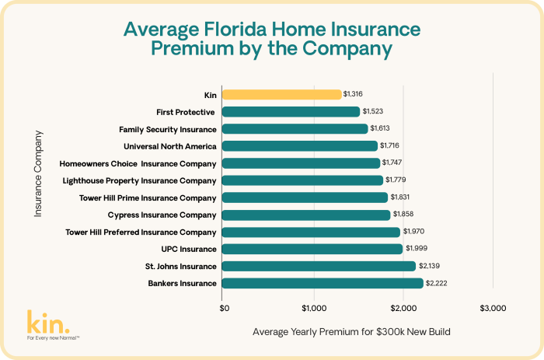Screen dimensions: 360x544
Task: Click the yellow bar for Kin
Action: click(x=281, y=94)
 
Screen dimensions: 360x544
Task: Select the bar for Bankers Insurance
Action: click(x=323, y=283)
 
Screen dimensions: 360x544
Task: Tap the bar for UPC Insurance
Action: click(x=312, y=249)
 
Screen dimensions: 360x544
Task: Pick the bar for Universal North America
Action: click(x=299, y=145)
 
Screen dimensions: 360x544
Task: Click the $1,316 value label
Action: click(x=354, y=94)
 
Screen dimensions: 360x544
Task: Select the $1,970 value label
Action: click(x=414, y=232)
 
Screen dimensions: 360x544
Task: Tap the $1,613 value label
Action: click(x=382, y=128)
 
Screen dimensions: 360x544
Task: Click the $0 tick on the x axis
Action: click(x=225, y=308)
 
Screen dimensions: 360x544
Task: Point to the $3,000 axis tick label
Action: click(x=493, y=308)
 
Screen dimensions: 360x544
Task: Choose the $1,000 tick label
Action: click(x=314, y=308)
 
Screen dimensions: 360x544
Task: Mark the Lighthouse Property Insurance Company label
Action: click(x=139, y=180)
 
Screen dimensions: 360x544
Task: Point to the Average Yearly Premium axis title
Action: click(x=352, y=332)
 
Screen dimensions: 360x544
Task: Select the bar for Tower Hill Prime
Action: click(x=305, y=197)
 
